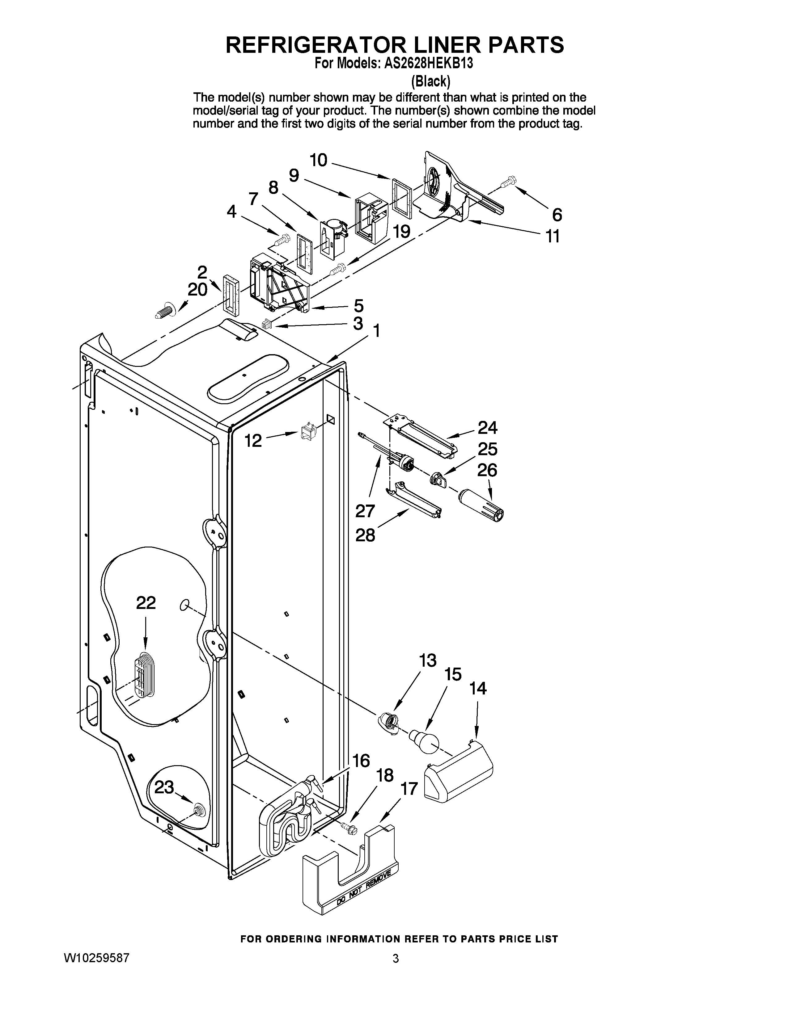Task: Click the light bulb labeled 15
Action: (x=426, y=741)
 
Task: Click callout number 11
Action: (x=553, y=236)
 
